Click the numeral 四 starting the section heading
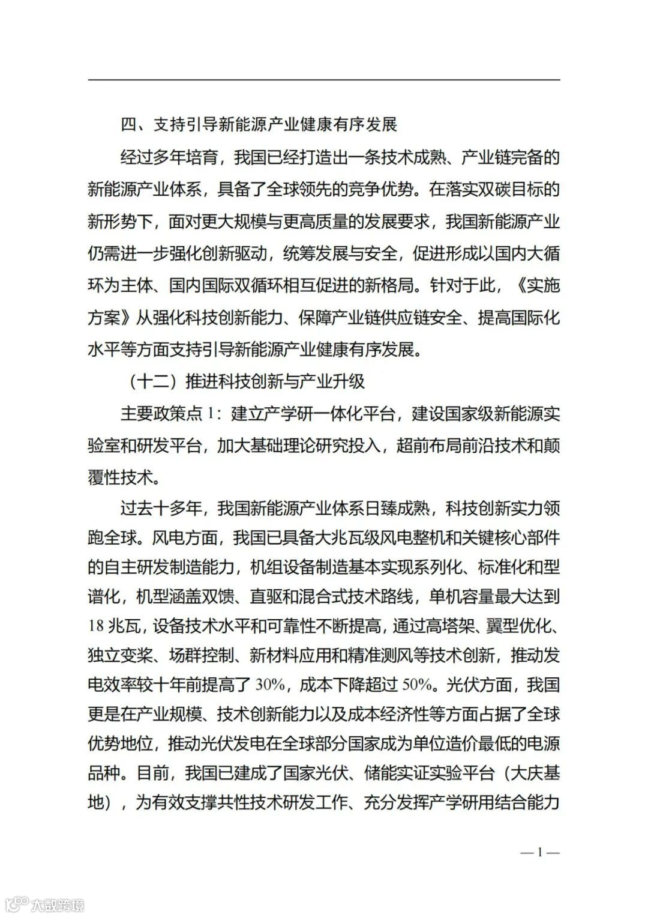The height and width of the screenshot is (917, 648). [129, 125]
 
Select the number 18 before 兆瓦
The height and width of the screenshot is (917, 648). [96, 626]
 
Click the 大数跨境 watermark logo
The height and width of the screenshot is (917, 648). [44, 904]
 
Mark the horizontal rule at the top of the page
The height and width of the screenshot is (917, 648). [324, 80]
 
